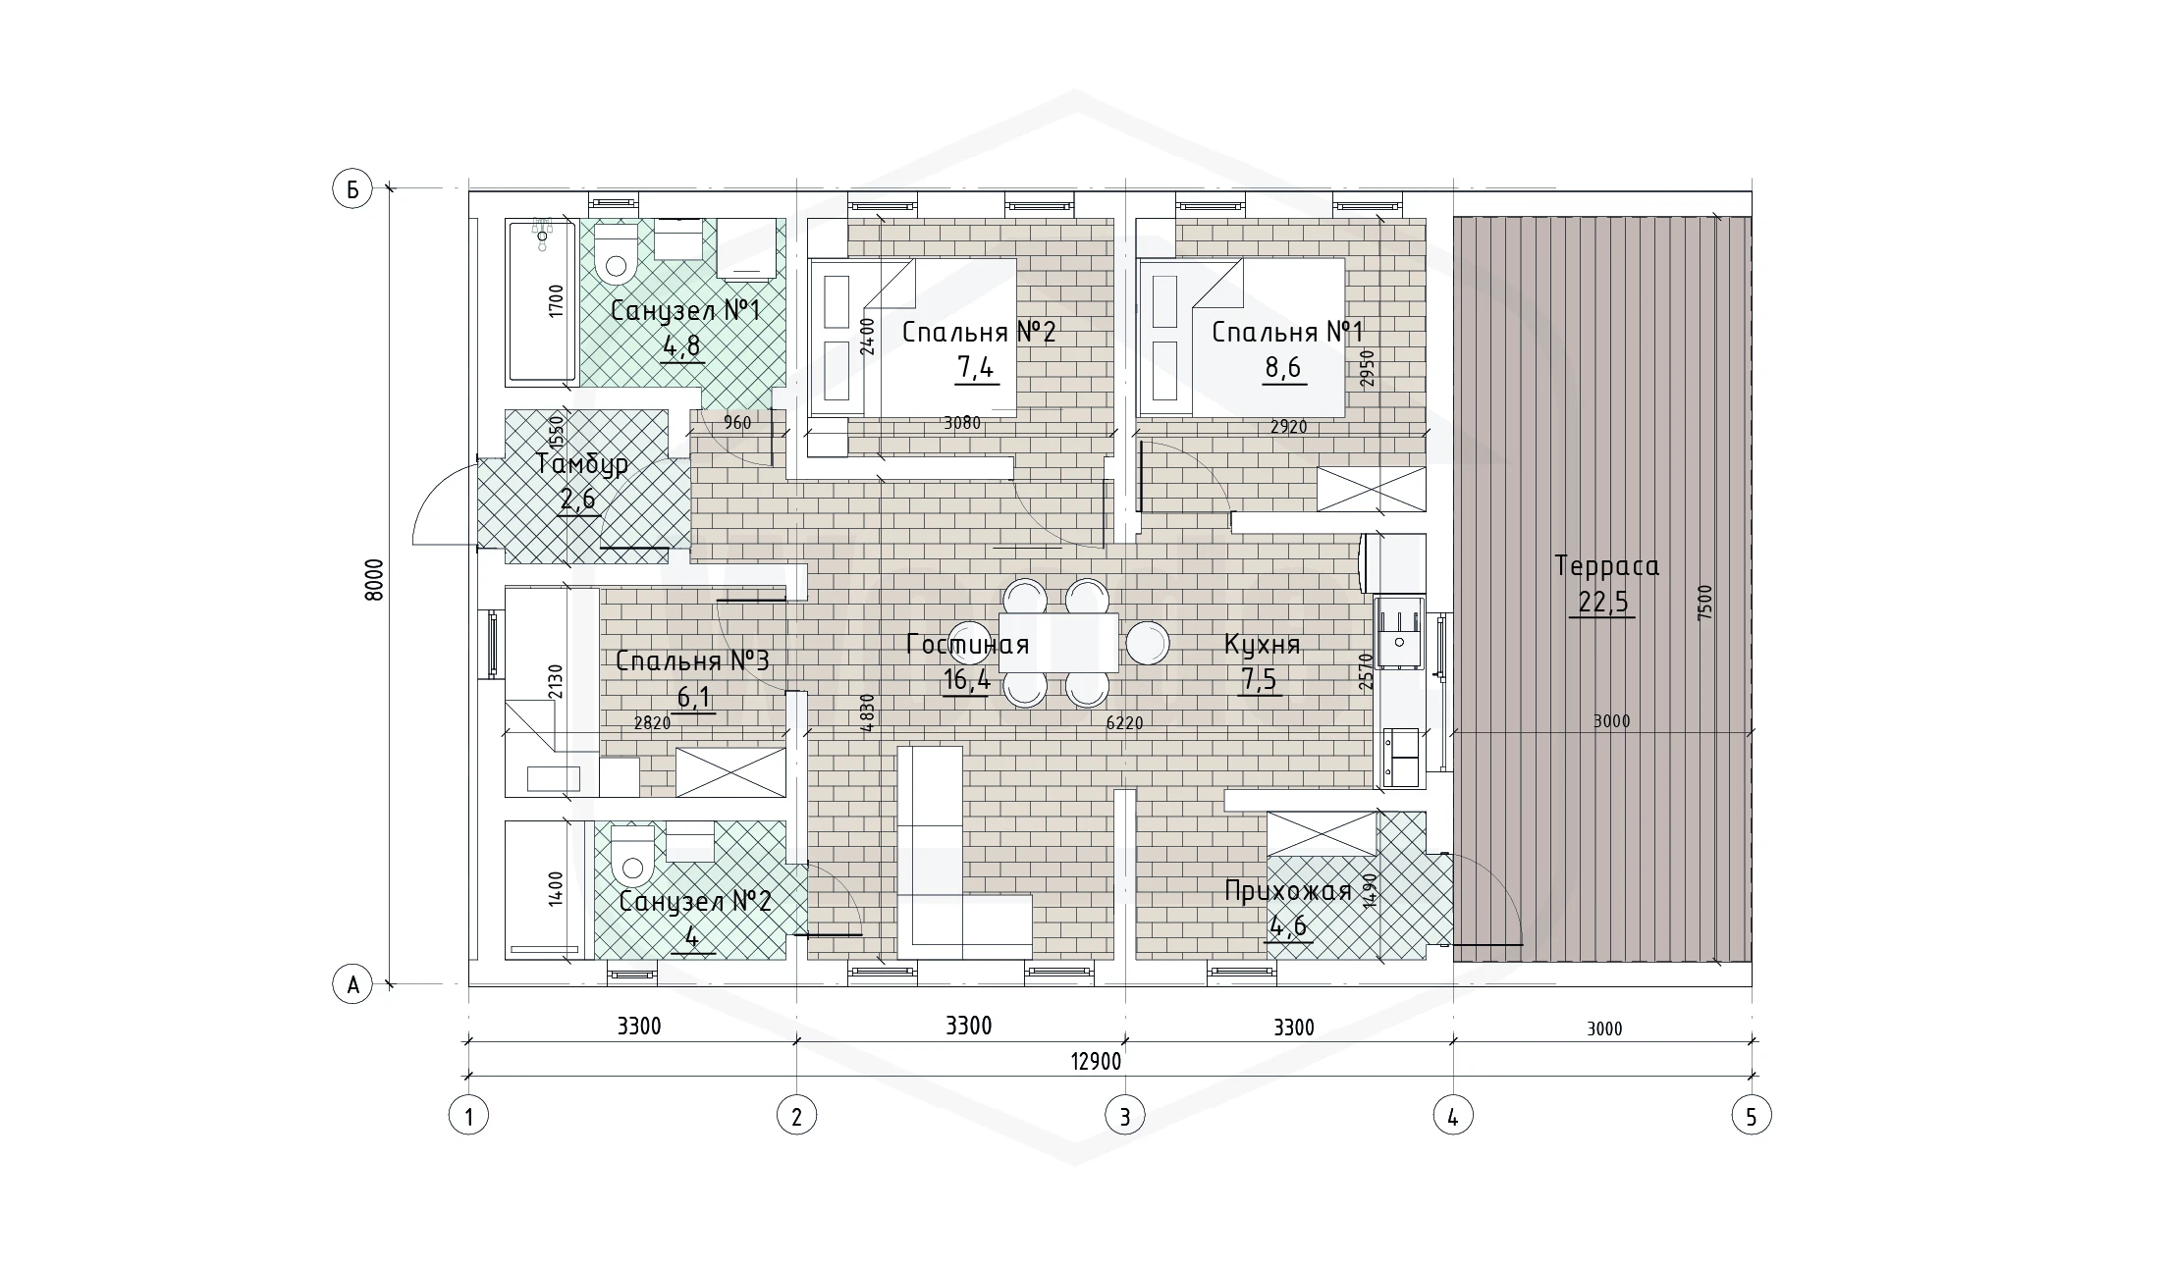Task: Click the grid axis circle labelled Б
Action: (352, 189)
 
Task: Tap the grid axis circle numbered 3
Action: (1124, 1116)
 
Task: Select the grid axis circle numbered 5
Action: (1752, 1116)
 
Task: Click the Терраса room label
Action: (1606, 566)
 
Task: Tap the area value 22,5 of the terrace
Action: (1603, 602)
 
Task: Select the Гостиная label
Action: (967, 645)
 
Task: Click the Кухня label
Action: (1262, 645)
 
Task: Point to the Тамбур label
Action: (582, 463)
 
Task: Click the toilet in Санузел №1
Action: (617, 252)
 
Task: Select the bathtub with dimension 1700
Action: (541, 300)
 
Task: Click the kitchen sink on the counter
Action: (1398, 632)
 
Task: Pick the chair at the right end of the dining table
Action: (1147, 643)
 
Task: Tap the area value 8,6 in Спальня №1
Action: (1282, 367)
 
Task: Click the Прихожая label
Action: (1287, 891)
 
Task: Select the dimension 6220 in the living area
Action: (1124, 723)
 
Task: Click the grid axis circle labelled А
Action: (352, 983)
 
